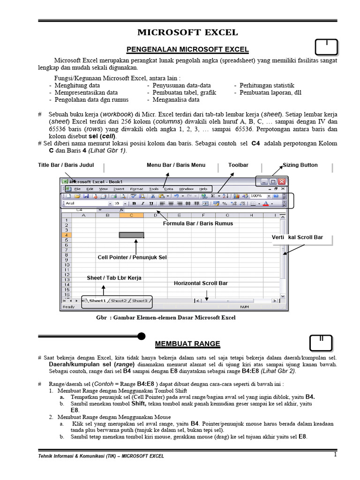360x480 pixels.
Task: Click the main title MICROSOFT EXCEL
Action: (187, 32)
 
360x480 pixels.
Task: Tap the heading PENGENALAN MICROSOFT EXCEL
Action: (187, 50)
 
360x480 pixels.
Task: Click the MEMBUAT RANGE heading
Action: (187, 344)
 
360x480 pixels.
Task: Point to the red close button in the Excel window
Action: (282, 181)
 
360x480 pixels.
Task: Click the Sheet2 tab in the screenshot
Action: (119, 300)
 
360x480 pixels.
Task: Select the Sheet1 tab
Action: (97, 300)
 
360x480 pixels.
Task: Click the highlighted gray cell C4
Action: (131, 235)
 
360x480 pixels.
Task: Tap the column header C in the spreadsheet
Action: (131, 215)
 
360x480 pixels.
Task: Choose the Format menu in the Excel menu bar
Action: (136, 188)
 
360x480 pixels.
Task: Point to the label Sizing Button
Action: (300, 165)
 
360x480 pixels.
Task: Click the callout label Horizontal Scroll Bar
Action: (201, 283)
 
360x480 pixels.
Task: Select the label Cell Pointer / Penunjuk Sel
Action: (132, 257)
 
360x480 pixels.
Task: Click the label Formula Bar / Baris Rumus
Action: (198, 224)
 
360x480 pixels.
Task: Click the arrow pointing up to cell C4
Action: (136, 246)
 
